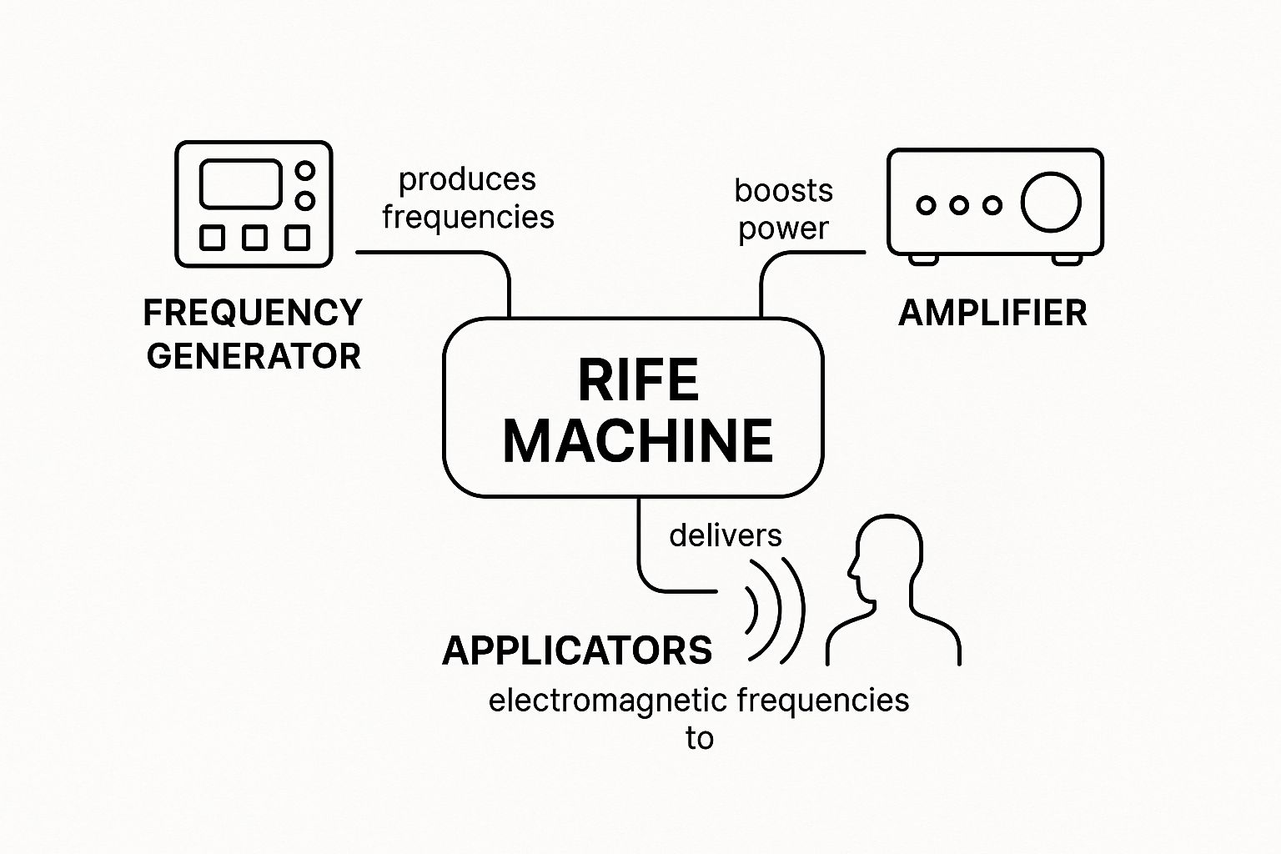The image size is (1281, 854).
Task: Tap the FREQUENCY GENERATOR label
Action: pyautogui.click(x=253, y=334)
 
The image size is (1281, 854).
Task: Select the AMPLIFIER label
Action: pyautogui.click(x=992, y=314)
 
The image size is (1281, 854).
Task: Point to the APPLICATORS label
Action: pyautogui.click(x=577, y=651)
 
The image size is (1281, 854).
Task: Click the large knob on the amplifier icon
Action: pyautogui.click(x=1051, y=203)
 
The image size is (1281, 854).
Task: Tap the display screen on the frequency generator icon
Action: pyautogui.click(x=240, y=184)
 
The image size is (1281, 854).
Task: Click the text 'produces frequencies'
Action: pyautogui.click(x=468, y=198)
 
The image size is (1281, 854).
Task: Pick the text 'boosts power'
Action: pyautogui.click(x=783, y=209)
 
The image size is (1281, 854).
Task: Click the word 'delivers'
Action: pyautogui.click(x=726, y=535)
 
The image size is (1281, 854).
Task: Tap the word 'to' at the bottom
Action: pyautogui.click(x=699, y=738)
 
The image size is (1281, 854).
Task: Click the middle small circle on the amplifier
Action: pyautogui.click(x=959, y=204)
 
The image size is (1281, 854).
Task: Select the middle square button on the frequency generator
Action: pyautogui.click(x=255, y=238)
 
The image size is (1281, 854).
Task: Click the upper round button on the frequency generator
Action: pyautogui.click(x=305, y=171)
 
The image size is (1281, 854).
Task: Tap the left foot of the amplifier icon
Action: pyautogui.click(x=923, y=259)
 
